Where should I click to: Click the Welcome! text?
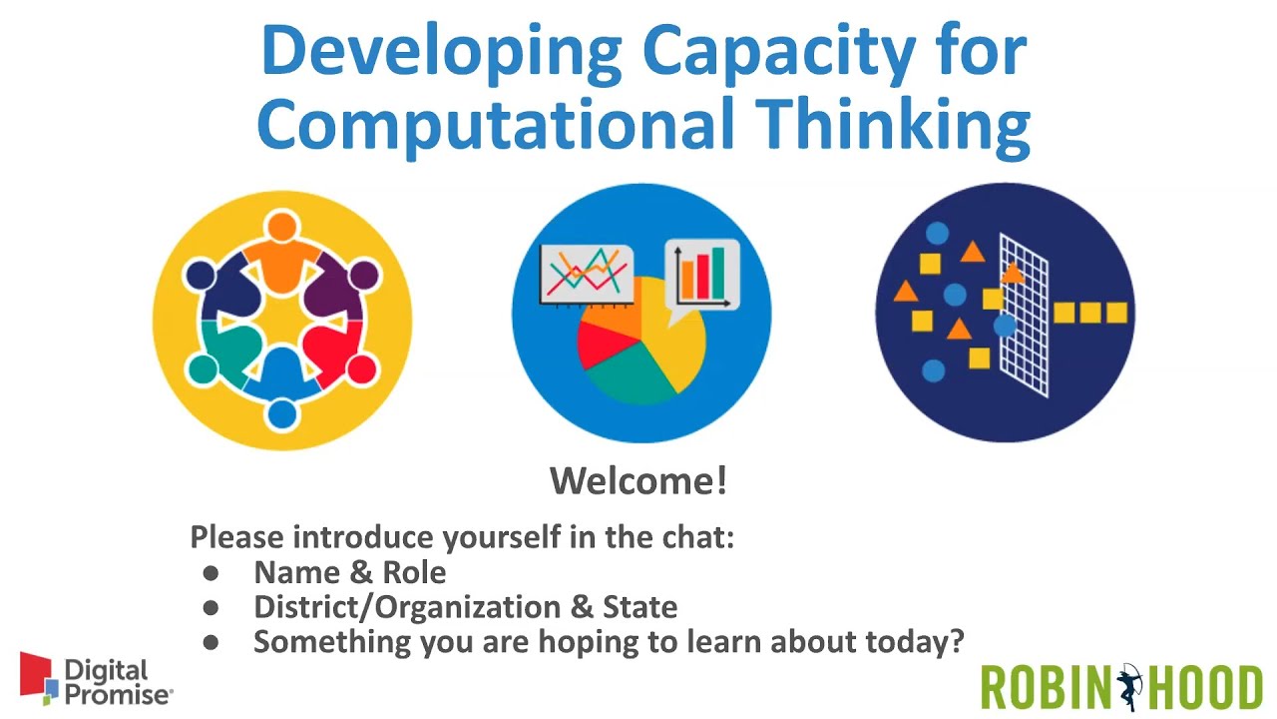point(638,481)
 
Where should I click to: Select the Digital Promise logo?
point(96,681)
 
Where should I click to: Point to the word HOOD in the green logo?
point(1205,688)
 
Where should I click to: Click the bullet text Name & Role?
point(349,572)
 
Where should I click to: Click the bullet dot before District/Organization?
point(211,607)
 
